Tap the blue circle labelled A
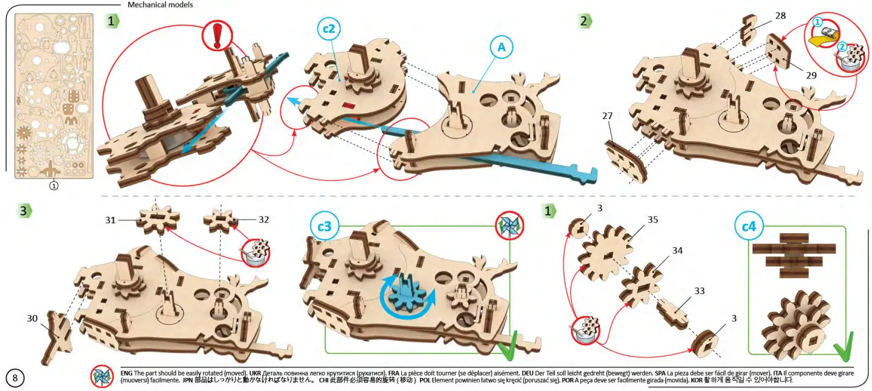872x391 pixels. [502, 49]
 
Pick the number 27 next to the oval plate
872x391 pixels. [607, 117]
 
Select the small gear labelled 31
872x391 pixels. [158, 221]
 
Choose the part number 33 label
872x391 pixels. [699, 291]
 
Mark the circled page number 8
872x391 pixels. [15, 377]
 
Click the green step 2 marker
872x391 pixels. [584, 21]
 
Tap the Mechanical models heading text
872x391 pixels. [160, 5]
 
